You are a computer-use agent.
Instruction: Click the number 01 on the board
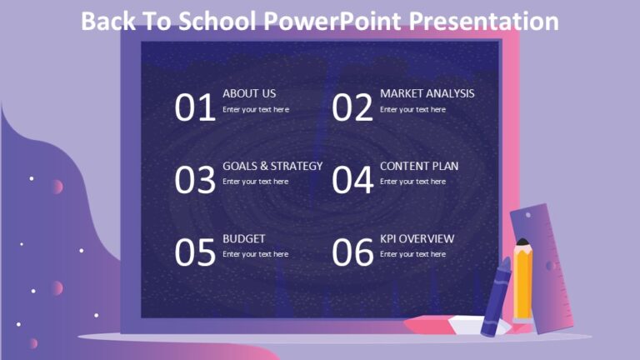(195, 108)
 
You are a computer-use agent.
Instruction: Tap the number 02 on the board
(352, 108)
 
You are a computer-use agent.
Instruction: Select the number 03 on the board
(195, 181)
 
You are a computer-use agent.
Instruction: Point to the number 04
(352, 181)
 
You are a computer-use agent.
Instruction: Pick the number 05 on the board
(195, 253)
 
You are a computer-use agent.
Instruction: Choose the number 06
(352, 253)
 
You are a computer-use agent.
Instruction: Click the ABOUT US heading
(249, 93)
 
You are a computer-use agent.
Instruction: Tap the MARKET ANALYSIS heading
(427, 93)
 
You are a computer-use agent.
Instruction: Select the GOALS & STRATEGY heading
(272, 166)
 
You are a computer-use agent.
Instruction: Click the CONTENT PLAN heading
(419, 166)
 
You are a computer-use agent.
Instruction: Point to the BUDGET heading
(244, 238)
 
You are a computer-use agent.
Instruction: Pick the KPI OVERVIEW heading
(417, 238)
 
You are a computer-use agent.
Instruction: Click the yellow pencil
(523, 280)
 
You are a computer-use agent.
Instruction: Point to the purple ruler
(543, 267)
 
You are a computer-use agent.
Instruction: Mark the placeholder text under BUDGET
(256, 254)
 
